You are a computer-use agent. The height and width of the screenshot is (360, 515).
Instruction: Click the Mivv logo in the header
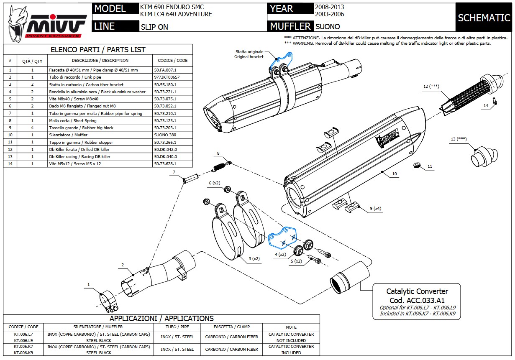[47, 23]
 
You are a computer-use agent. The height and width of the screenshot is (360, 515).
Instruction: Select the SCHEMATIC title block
[484, 18]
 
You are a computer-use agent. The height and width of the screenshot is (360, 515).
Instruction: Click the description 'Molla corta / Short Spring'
[72, 121]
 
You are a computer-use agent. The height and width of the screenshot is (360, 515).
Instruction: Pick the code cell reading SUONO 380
[165, 135]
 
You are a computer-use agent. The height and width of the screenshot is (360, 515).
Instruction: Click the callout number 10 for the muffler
[395, 174]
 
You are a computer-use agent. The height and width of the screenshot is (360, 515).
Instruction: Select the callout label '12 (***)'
[431, 87]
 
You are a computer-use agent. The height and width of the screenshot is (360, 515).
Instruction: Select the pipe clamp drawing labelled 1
[108, 302]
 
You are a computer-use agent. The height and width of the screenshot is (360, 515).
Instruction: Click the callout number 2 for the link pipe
[123, 265]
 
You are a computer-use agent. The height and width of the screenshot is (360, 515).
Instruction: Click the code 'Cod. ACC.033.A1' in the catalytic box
[417, 300]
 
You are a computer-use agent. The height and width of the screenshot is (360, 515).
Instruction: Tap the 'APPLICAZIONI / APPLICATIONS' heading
[161, 319]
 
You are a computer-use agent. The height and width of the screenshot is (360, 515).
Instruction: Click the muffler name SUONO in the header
[328, 26]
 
